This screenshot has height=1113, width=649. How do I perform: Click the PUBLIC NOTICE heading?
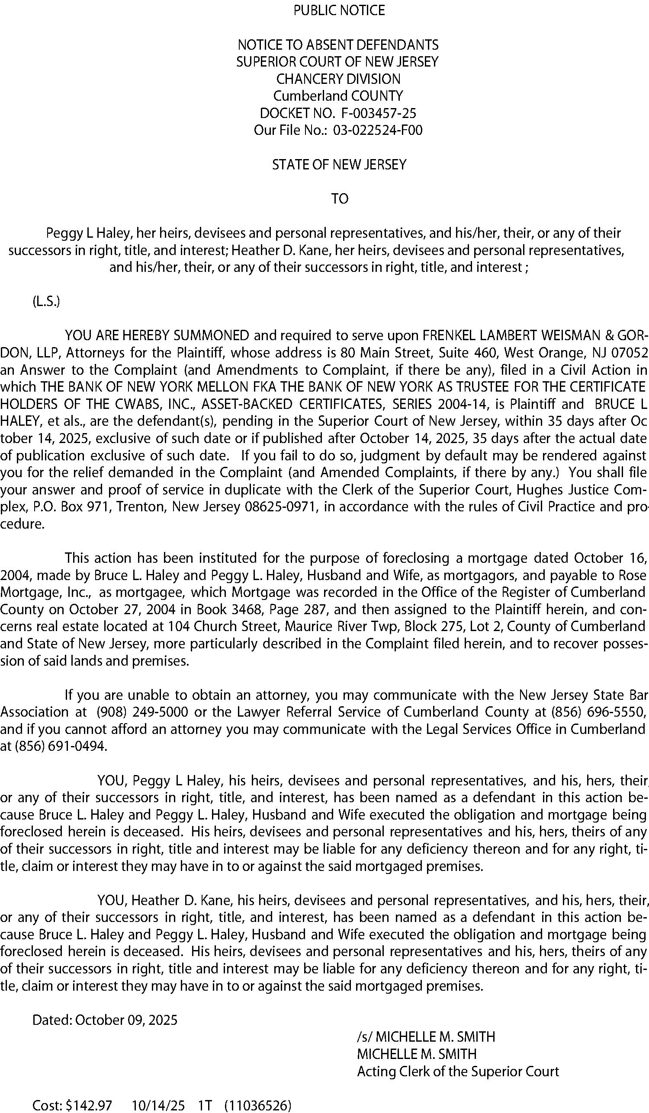[339, 10]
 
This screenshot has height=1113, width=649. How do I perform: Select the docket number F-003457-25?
[379, 114]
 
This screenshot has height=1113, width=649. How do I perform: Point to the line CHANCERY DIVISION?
[338, 79]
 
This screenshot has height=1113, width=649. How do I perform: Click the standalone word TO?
[340, 199]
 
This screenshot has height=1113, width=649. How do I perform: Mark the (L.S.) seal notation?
[46, 302]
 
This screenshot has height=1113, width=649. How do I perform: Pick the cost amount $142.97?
[88, 1105]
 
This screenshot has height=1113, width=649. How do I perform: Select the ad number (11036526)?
[258, 1105]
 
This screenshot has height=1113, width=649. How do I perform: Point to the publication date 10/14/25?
[158, 1105]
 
